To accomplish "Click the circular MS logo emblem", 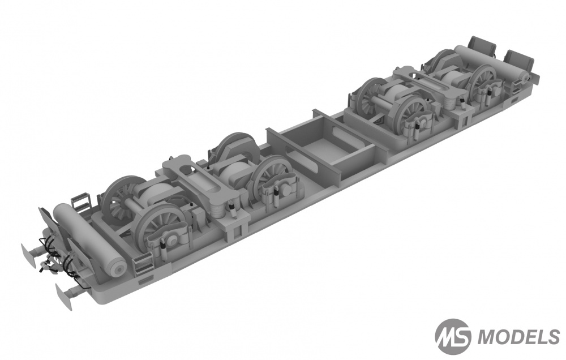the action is (x=453, y=337).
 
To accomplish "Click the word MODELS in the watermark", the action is (x=518, y=337).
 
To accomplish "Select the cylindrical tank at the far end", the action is (x=492, y=63).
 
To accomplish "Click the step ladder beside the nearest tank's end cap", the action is (x=143, y=265).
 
